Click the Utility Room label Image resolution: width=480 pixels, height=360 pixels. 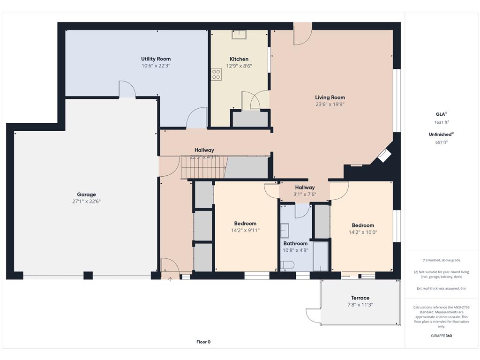pos(156,59)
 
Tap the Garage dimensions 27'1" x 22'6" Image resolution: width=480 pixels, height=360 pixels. pos(86,202)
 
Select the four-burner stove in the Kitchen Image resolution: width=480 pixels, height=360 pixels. pos(216,75)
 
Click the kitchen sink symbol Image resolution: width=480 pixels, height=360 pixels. pos(239,35)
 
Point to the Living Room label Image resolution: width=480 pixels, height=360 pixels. pos(330,97)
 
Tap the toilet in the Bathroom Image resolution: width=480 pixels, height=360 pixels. pos(287,265)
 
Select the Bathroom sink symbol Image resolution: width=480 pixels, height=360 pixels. pos(285,231)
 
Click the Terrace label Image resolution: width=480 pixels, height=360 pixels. pos(360,298)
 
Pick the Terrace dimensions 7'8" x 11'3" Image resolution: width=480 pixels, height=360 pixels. pos(360,305)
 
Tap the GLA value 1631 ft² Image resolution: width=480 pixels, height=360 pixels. pos(442,122)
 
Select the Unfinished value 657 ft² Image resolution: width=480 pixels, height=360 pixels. pos(442,142)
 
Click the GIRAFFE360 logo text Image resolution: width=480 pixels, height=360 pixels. pos(442,336)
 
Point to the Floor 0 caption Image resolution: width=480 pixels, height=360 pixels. pos(203,342)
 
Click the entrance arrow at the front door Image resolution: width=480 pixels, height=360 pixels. pos(170,278)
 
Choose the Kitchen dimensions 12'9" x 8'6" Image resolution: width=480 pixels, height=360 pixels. pos(239,66)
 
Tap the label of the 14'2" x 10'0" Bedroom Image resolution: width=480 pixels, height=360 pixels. pos(363,225)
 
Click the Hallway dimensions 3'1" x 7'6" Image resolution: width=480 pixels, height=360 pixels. pos(305,195)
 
